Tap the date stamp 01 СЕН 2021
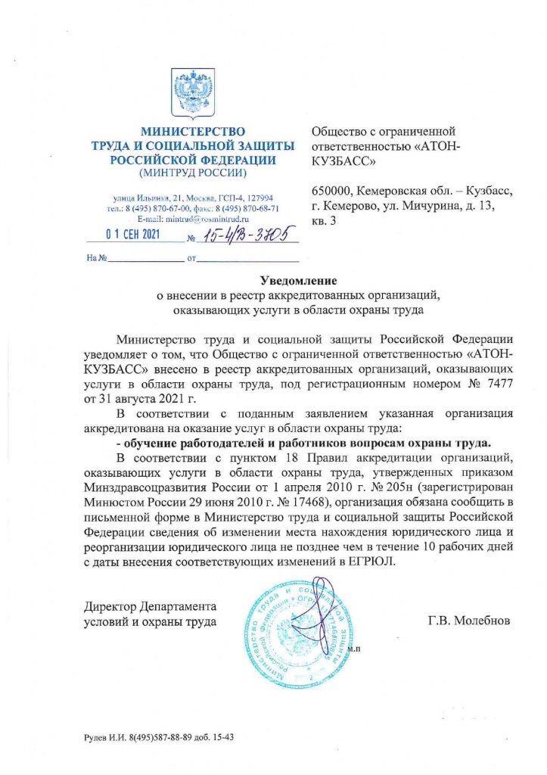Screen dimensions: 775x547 click(x=132, y=235)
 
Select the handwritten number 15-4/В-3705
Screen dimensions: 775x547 click(x=244, y=235)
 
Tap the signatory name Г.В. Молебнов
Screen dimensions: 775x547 click(x=469, y=621)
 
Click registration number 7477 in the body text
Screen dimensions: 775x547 click(x=502, y=385)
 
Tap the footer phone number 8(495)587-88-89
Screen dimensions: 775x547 click(x=164, y=737)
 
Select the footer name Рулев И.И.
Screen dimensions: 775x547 click(x=107, y=737)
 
